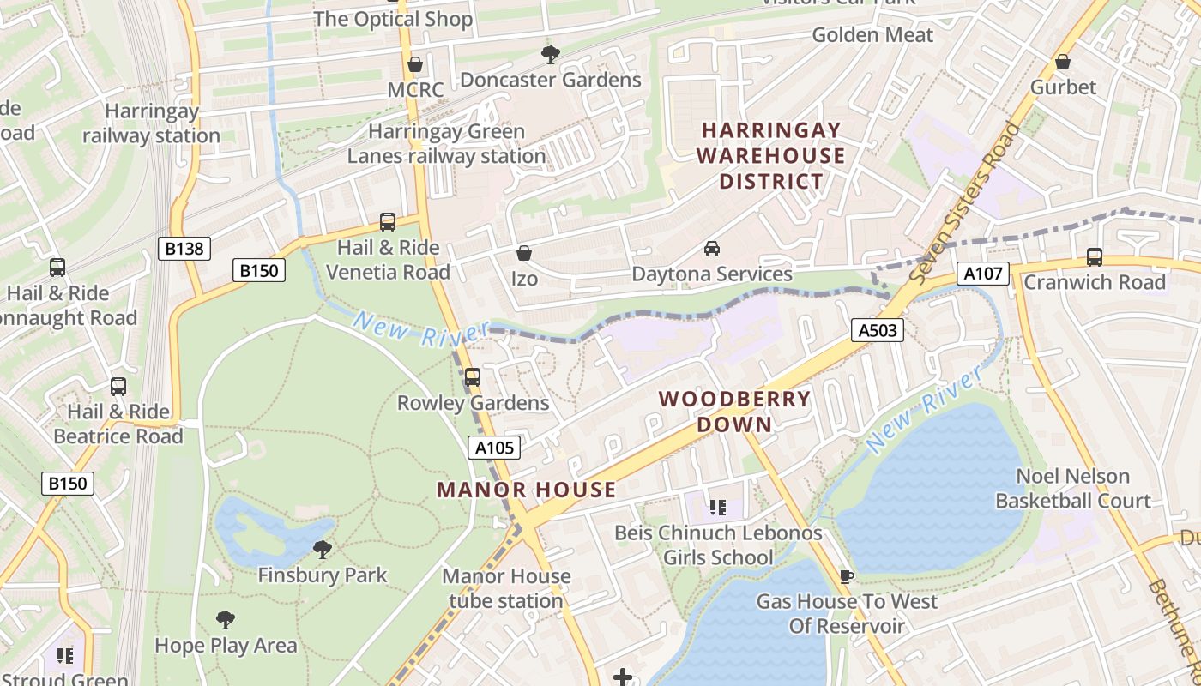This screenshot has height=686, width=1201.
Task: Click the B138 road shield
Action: (x=184, y=249)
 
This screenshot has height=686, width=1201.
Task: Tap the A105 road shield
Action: (x=494, y=447)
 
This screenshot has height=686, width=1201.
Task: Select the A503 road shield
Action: (x=878, y=329)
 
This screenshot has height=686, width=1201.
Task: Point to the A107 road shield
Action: (x=983, y=274)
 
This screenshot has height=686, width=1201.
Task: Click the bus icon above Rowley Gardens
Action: (x=472, y=376)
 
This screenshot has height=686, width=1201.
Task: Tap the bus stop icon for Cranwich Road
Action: (x=1094, y=256)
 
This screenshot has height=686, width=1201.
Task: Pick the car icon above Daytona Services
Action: (x=711, y=249)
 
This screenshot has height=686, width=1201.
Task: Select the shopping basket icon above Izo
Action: (x=523, y=253)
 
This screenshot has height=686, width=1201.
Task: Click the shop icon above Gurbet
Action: (x=1062, y=62)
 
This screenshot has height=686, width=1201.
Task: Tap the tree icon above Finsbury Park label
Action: (x=323, y=548)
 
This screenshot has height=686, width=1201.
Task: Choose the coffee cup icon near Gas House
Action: (x=847, y=575)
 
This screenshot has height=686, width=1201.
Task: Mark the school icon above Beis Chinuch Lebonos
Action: (x=717, y=507)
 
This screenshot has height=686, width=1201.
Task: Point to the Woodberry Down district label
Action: (x=734, y=412)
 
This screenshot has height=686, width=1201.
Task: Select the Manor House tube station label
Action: (x=506, y=588)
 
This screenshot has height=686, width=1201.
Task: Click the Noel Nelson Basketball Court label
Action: (x=1072, y=488)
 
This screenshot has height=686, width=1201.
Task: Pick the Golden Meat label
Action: (x=872, y=35)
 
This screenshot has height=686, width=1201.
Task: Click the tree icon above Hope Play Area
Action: (x=225, y=619)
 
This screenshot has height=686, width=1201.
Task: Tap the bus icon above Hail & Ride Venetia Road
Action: (x=388, y=222)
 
